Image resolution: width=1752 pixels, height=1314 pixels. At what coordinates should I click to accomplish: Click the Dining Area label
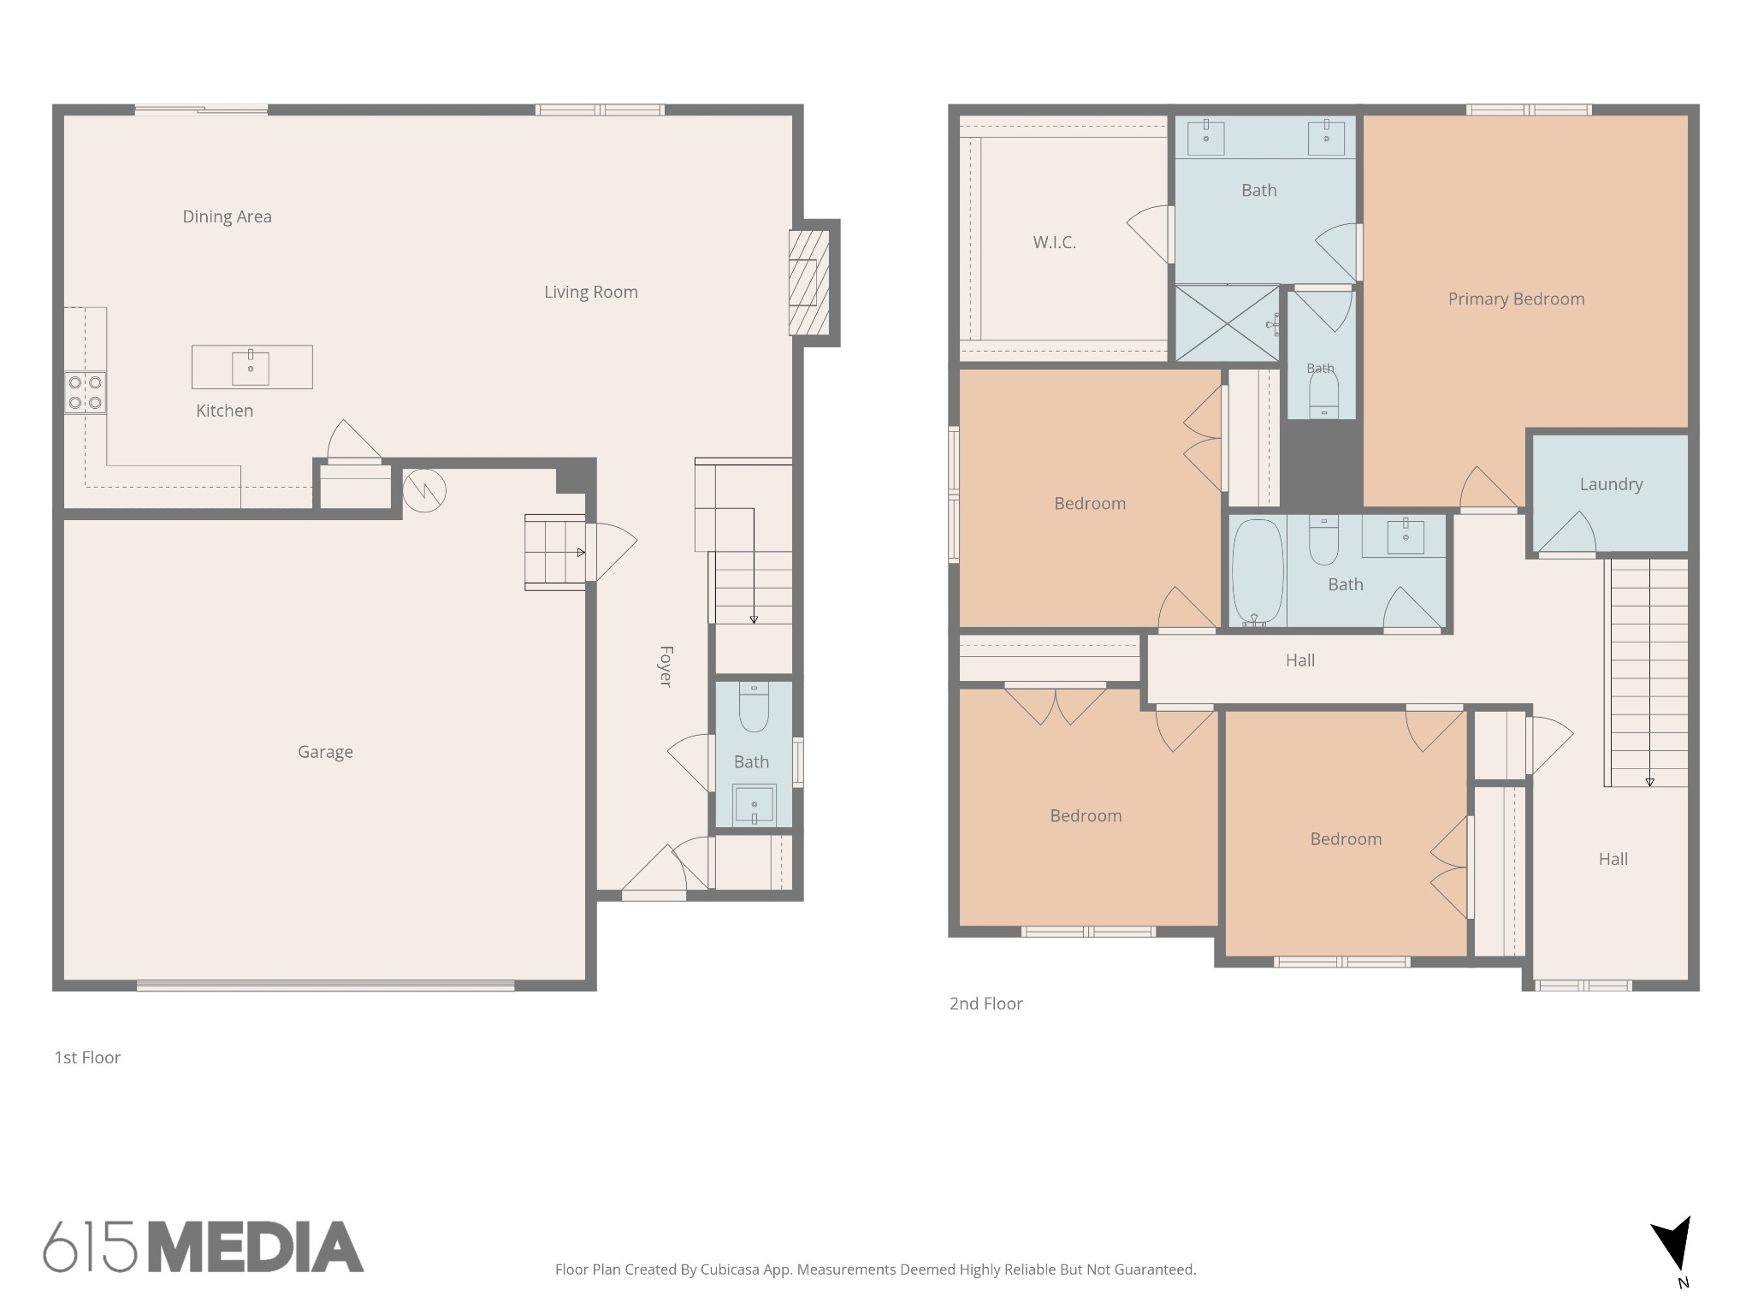pyautogui.click(x=227, y=216)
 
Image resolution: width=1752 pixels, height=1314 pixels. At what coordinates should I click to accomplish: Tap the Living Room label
pyautogui.click(x=591, y=292)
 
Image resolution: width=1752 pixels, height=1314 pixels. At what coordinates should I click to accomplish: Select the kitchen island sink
pyautogui.click(x=251, y=368)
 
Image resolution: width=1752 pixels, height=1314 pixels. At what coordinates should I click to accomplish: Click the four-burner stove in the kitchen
pyautogui.click(x=86, y=393)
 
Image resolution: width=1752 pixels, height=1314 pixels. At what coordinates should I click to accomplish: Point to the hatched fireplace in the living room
pyautogui.click(x=809, y=282)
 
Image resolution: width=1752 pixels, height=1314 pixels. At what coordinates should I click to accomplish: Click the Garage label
pyautogui.click(x=325, y=752)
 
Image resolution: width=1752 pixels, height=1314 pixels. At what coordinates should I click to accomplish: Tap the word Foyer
pyautogui.click(x=666, y=666)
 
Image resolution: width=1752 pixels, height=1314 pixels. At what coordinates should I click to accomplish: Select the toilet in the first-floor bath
pyautogui.click(x=754, y=707)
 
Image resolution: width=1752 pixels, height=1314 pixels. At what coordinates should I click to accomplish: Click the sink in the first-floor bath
pyautogui.click(x=755, y=805)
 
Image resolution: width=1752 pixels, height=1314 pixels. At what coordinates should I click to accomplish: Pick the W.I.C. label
pyautogui.click(x=1054, y=242)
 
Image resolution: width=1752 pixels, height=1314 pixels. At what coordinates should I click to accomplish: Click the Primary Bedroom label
pyautogui.click(x=1516, y=299)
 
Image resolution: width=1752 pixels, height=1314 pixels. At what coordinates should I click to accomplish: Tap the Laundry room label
pyautogui.click(x=1611, y=484)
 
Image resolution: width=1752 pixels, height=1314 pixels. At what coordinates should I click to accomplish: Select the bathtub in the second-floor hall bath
pyautogui.click(x=1257, y=572)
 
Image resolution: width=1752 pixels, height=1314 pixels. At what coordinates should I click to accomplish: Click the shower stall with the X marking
pyautogui.click(x=1228, y=323)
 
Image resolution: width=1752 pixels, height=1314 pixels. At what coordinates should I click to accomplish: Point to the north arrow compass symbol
pyautogui.click(x=1673, y=1251)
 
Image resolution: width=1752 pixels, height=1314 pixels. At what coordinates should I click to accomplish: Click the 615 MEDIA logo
pyautogui.click(x=204, y=1246)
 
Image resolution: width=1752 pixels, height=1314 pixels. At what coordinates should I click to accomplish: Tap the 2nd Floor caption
pyautogui.click(x=985, y=1003)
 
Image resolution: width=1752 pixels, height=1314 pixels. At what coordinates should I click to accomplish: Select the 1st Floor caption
pyautogui.click(x=87, y=1057)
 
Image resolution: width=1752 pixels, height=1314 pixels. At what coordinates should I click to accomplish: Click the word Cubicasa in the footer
pyautogui.click(x=732, y=1270)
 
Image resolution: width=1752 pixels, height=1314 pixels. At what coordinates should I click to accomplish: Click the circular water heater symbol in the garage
pyautogui.click(x=424, y=490)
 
